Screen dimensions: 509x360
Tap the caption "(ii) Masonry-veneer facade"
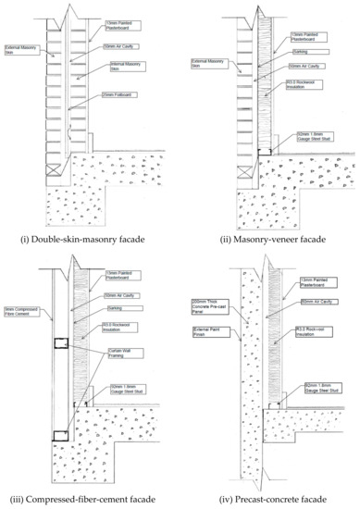pyautogui.click(x=270, y=242)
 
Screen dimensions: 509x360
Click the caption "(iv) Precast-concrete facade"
pyautogui.click(x=270, y=501)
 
